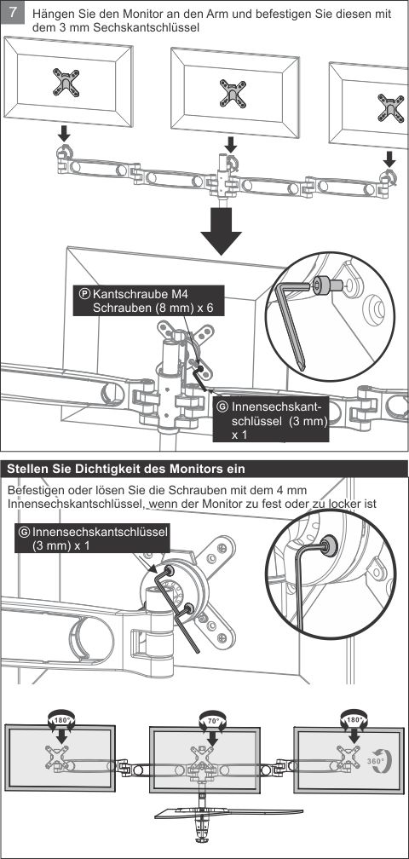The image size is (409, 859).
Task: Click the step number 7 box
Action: click(13, 12)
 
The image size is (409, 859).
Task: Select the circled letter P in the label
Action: click(85, 293)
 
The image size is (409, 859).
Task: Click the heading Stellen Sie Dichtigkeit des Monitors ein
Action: click(126, 469)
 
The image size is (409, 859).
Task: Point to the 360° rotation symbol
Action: click(377, 761)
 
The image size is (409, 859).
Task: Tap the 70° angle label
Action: click(212, 720)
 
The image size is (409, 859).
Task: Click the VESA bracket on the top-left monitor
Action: click(66, 82)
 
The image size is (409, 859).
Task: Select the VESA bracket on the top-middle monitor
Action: click(233, 93)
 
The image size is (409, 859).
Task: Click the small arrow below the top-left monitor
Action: click(64, 133)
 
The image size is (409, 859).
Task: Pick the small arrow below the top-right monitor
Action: click(389, 159)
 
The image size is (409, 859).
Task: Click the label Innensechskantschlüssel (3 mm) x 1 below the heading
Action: click(92, 539)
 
